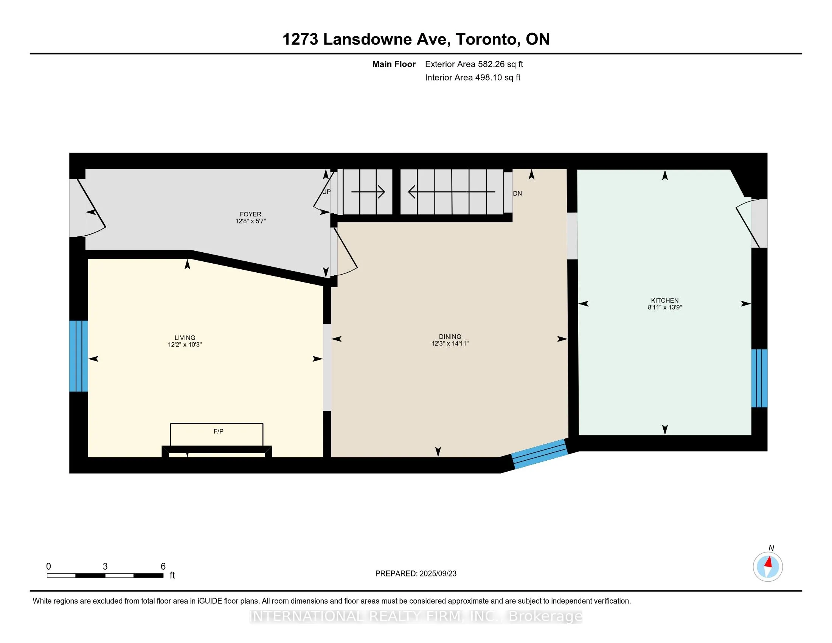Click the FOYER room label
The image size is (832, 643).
tap(250, 214)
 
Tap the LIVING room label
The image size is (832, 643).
tap(185, 337)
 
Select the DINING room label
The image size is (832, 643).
tap(450, 336)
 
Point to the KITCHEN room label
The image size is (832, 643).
tap(665, 300)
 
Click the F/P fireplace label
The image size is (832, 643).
tap(218, 431)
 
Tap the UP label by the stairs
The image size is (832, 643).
tap(326, 192)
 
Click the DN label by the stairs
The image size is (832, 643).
tap(517, 193)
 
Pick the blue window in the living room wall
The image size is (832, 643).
tap(79, 356)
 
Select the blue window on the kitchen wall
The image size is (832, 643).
tap(759, 378)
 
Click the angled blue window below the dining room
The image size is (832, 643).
tap(539, 453)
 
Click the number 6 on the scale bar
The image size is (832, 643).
tap(163, 567)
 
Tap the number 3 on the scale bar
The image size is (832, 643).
tap(105, 567)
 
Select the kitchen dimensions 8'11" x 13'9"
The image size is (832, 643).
tap(665, 307)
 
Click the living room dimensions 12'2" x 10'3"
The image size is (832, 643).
tap(185, 344)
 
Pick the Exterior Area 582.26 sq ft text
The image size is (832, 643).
tap(474, 64)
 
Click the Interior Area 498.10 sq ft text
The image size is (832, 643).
tap(473, 77)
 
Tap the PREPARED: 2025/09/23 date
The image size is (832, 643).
tap(416, 573)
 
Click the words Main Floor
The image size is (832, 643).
tap(394, 64)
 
